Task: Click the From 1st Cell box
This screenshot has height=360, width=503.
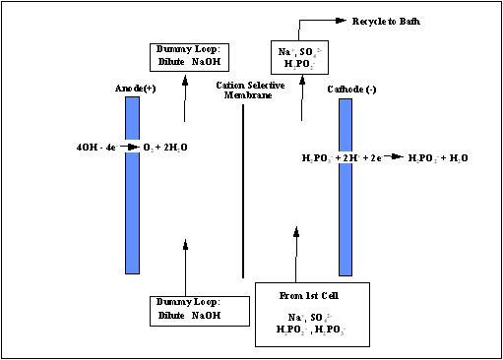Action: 312,314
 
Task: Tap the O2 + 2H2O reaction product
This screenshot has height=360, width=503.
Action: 167,149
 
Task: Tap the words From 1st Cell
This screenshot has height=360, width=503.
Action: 312,296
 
